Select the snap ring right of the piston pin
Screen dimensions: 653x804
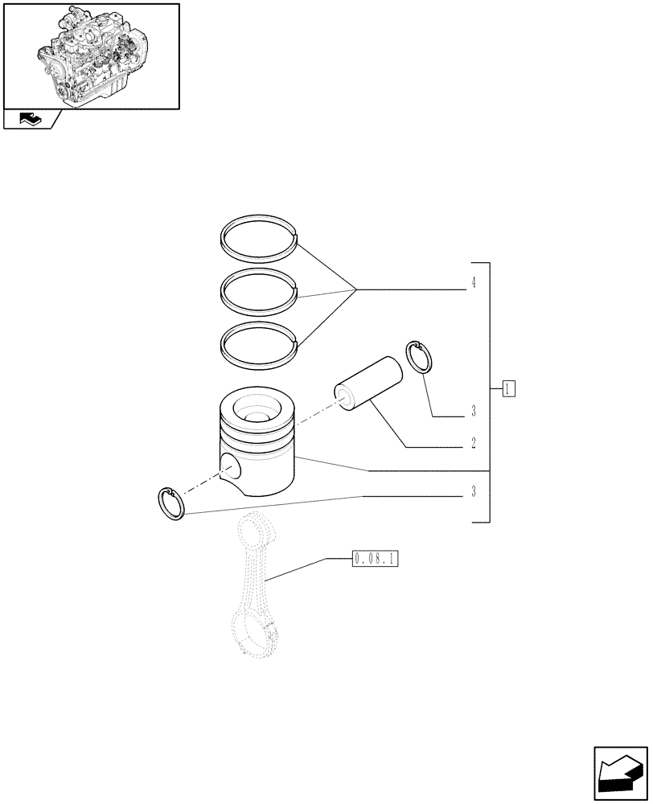point(419,357)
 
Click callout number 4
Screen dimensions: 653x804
point(474,282)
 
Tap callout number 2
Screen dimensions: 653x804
point(474,443)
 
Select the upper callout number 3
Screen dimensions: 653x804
point(474,412)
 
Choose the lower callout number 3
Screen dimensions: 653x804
point(474,492)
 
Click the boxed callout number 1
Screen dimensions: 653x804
point(508,391)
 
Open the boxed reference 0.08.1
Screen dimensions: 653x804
point(376,558)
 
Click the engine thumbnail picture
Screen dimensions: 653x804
point(91,55)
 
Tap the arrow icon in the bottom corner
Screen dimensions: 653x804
point(619,772)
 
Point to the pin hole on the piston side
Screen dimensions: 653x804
point(229,467)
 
